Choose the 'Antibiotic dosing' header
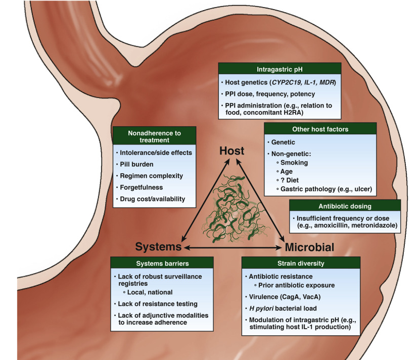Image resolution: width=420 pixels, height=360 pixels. tap(345, 206)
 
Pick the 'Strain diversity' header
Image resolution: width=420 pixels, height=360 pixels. tap(301, 264)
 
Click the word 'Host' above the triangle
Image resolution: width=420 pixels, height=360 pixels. tap(231, 150)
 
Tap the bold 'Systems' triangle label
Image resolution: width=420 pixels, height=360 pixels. tap(158, 247)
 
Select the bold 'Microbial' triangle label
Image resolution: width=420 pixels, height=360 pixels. tap(309, 247)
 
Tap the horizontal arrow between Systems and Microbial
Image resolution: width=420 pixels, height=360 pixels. tap(232, 247)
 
